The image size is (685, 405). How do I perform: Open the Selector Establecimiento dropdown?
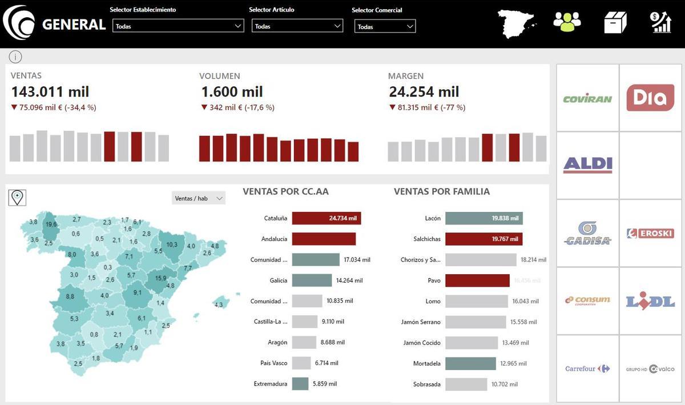179,26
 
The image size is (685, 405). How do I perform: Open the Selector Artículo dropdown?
297,26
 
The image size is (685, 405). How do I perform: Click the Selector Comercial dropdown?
385,27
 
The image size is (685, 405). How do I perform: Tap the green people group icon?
567,22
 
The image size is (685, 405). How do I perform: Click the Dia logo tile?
650,98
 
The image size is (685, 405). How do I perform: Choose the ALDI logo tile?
587,165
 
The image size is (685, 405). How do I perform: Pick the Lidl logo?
650,301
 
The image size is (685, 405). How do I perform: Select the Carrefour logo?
587,369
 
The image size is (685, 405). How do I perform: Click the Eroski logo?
650,233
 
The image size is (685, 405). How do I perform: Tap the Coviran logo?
587,98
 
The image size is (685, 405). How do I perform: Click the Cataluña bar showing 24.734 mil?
326,218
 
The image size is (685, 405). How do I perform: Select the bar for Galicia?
312,280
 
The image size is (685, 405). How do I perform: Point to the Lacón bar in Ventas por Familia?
483,218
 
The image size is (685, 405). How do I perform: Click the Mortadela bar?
470,363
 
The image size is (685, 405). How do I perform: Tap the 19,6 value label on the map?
51,224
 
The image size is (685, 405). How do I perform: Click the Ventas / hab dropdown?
198,198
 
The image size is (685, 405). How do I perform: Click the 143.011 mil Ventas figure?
50,91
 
